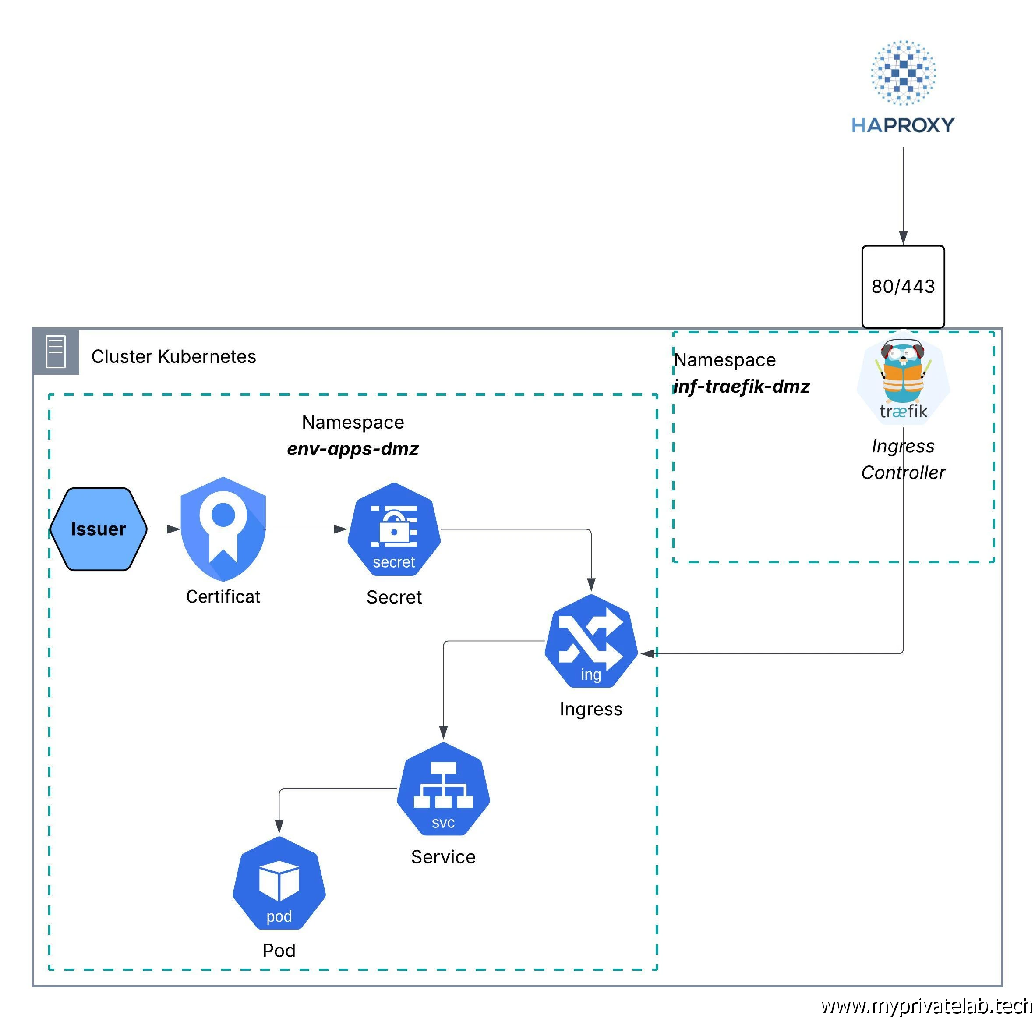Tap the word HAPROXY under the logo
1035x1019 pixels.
(x=903, y=125)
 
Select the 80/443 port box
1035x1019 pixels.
(x=903, y=286)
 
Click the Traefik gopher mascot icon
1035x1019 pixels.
(x=903, y=377)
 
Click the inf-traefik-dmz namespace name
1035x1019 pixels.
(x=742, y=387)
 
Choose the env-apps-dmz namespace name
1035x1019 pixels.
(x=353, y=448)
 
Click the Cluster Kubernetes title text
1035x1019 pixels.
(x=173, y=356)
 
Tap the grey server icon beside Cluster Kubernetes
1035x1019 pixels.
(x=56, y=352)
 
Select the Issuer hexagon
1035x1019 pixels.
(x=99, y=529)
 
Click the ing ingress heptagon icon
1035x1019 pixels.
(x=590, y=641)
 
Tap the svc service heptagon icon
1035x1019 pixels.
(x=443, y=789)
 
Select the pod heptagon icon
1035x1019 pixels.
(x=279, y=883)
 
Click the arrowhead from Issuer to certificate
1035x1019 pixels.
(x=174, y=529)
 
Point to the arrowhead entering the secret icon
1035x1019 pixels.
(x=341, y=529)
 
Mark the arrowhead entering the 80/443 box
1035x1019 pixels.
(x=903, y=238)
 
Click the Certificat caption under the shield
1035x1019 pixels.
(x=223, y=596)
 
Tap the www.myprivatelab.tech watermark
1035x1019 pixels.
(x=926, y=1006)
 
